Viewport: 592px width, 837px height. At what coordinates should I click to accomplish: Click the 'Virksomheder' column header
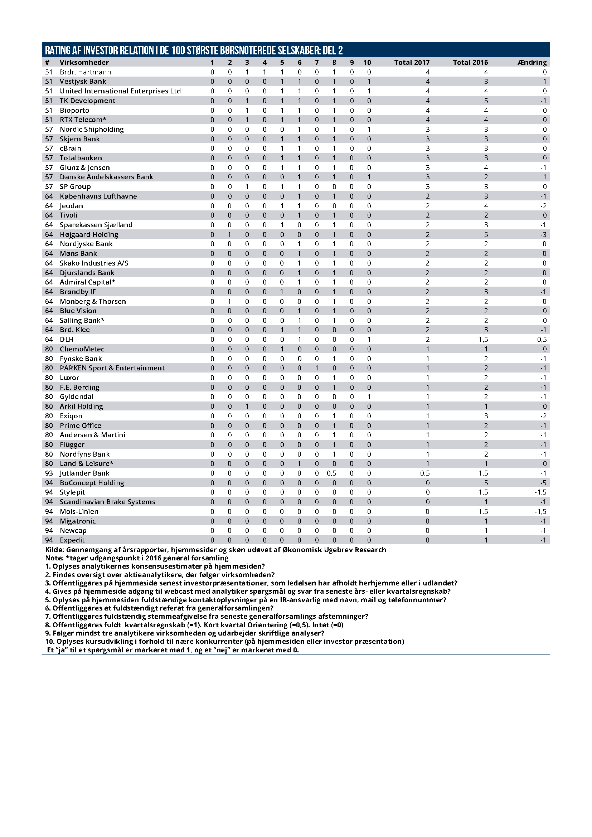[84, 62]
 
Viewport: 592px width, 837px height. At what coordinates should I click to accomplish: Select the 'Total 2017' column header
[412, 62]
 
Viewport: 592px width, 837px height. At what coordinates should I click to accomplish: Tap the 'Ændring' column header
[532, 62]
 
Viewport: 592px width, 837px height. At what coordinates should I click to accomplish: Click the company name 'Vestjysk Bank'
[83, 81]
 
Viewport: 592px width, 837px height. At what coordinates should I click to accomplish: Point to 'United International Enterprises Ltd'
[120, 91]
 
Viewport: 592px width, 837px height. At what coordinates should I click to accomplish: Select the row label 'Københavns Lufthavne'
[98, 196]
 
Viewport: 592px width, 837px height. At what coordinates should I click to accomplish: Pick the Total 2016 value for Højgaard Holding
[486, 234]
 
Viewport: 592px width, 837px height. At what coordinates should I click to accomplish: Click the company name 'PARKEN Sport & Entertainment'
[112, 368]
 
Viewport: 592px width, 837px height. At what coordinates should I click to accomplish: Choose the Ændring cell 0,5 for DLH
[542, 339]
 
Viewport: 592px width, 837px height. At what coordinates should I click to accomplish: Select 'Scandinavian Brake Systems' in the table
[107, 502]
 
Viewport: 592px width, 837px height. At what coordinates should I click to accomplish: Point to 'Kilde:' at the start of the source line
[55, 550]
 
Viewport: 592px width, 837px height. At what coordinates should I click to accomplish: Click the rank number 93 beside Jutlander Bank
[49, 473]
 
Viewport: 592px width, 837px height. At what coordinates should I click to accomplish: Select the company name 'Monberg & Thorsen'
[93, 301]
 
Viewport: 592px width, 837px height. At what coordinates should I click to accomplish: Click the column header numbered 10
[367, 62]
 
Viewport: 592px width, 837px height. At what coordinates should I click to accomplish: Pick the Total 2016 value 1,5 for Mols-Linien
[483, 511]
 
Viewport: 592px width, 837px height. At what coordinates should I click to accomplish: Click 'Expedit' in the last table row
[72, 540]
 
